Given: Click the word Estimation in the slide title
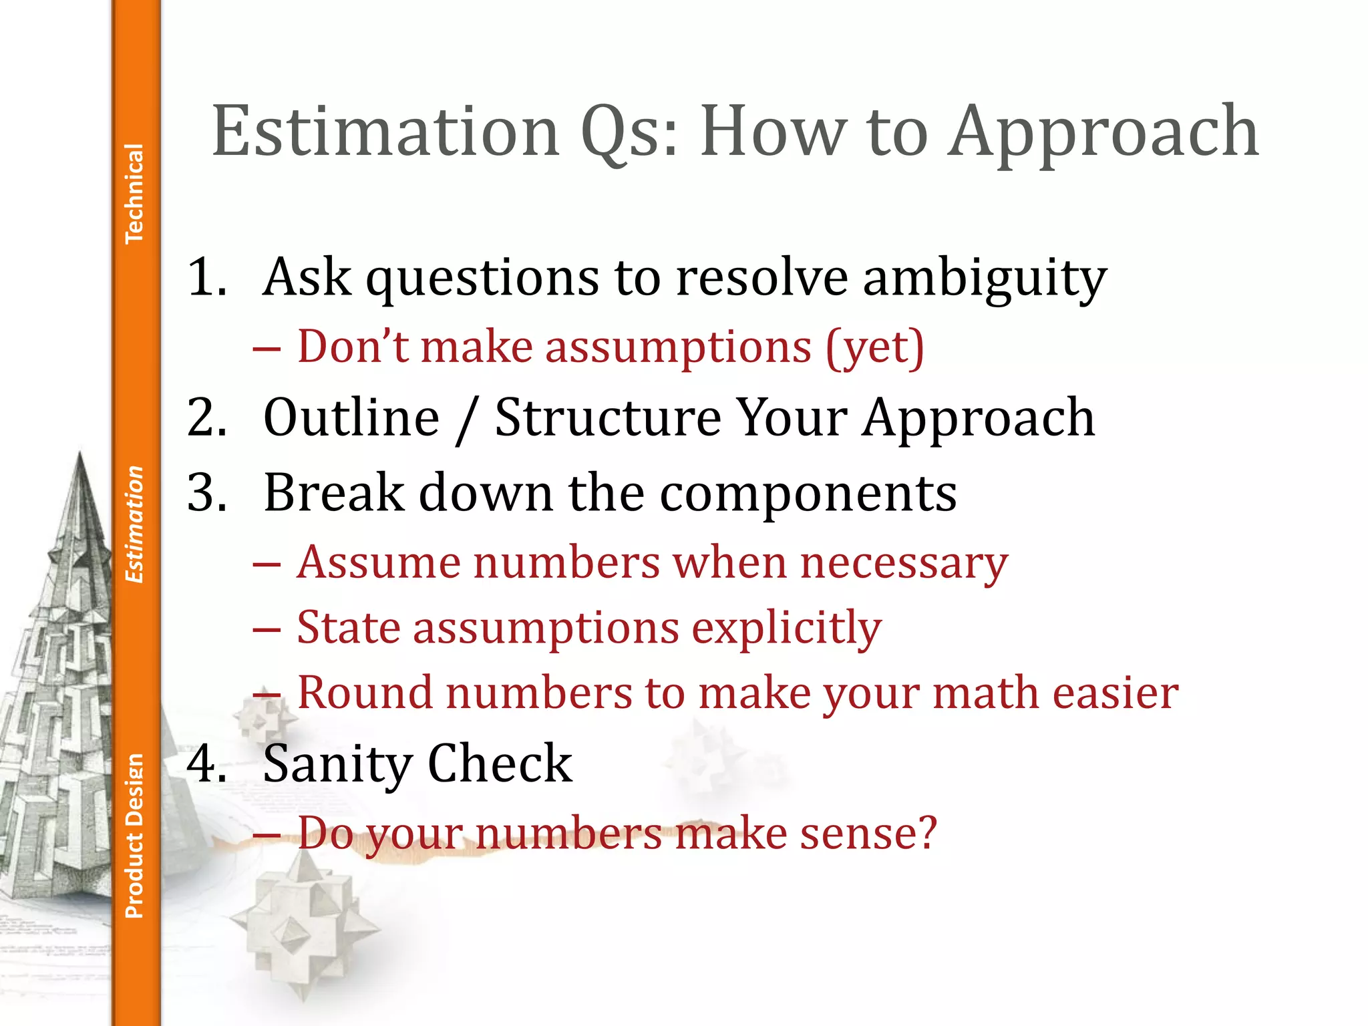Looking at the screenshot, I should point(385,132).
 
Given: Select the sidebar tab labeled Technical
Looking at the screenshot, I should point(134,193).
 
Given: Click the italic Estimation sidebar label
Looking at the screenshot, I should point(134,524).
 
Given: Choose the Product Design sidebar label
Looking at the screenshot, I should point(134,836).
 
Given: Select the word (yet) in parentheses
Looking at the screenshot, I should point(875,348).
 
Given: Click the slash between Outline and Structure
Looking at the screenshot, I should point(466,419).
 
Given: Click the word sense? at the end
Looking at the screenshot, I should point(868,834).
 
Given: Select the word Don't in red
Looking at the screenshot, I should point(351,347).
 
